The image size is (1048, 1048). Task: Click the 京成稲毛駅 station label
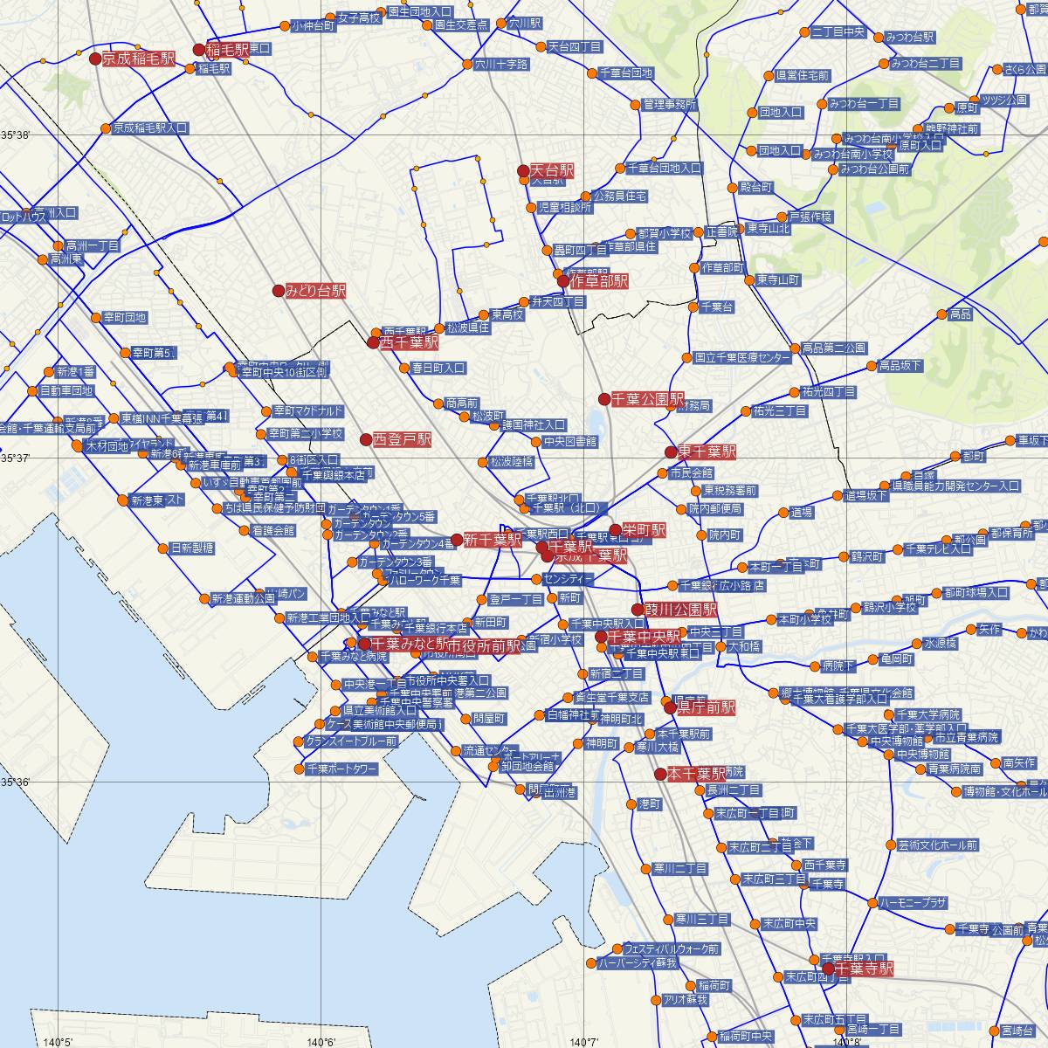138,59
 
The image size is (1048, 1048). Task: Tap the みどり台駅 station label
315,291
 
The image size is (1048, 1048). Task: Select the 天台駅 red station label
552,171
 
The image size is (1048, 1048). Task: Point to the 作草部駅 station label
599,281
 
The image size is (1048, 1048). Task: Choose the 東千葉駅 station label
707,452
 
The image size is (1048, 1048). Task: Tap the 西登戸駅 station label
403,439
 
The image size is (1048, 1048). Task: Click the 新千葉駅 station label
493,540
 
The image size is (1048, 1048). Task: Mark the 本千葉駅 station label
696,774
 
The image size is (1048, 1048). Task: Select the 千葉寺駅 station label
864,969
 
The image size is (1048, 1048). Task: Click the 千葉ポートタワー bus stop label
341,769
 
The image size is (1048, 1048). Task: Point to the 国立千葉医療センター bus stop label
742,358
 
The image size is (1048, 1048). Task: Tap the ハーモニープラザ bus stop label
913,903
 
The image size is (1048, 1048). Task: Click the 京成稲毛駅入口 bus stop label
150,128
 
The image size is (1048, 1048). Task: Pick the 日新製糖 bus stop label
192,548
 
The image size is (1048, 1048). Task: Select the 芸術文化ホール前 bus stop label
937,845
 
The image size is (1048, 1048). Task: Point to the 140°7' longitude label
583,1041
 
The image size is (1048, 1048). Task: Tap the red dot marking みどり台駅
279,291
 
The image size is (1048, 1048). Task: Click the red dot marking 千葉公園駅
603,399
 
